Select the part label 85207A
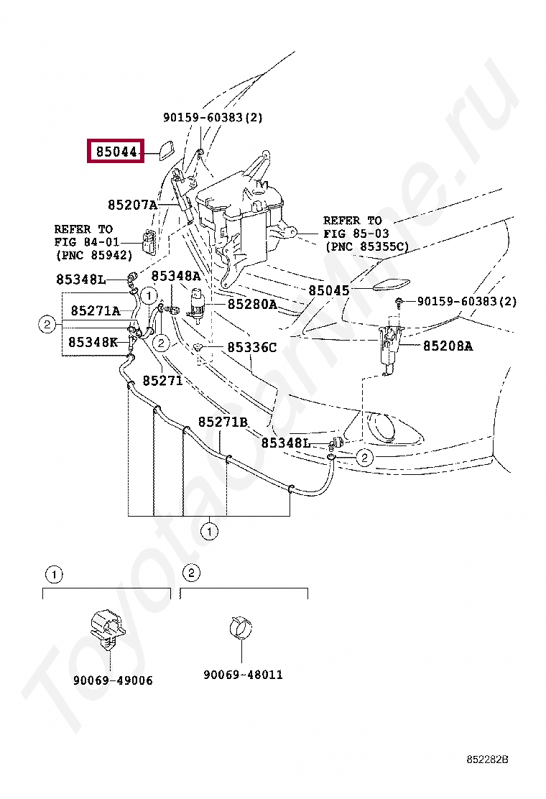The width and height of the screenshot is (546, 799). click(x=131, y=205)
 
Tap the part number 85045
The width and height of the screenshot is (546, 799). click(x=328, y=290)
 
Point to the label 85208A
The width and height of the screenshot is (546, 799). click(x=447, y=346)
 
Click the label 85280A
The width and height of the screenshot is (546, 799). click(x=251, y=304)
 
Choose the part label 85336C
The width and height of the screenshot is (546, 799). click(x=251, y=347)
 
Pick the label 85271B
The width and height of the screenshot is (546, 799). click(x=223, y=422)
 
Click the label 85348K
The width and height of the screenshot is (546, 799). click(x=93, y=342)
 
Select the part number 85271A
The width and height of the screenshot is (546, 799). click(x=95, y=310)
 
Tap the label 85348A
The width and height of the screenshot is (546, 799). click(x=175, y=276)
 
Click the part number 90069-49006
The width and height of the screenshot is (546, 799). click(x=112, y=680)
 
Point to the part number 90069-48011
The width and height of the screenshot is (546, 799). click(x=242, y=675)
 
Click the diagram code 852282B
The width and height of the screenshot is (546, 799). click(x=487, y=759)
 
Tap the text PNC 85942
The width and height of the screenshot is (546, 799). click(x=93, y=254)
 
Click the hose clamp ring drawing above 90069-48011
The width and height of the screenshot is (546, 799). click(x=241, y=627)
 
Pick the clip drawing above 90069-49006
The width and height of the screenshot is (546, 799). click(x=106, y=627)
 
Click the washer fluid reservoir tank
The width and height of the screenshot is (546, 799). click(x=241, y=212)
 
